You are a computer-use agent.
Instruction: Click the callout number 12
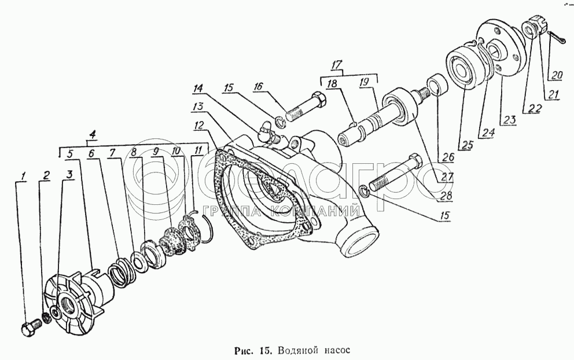point(200,125)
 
